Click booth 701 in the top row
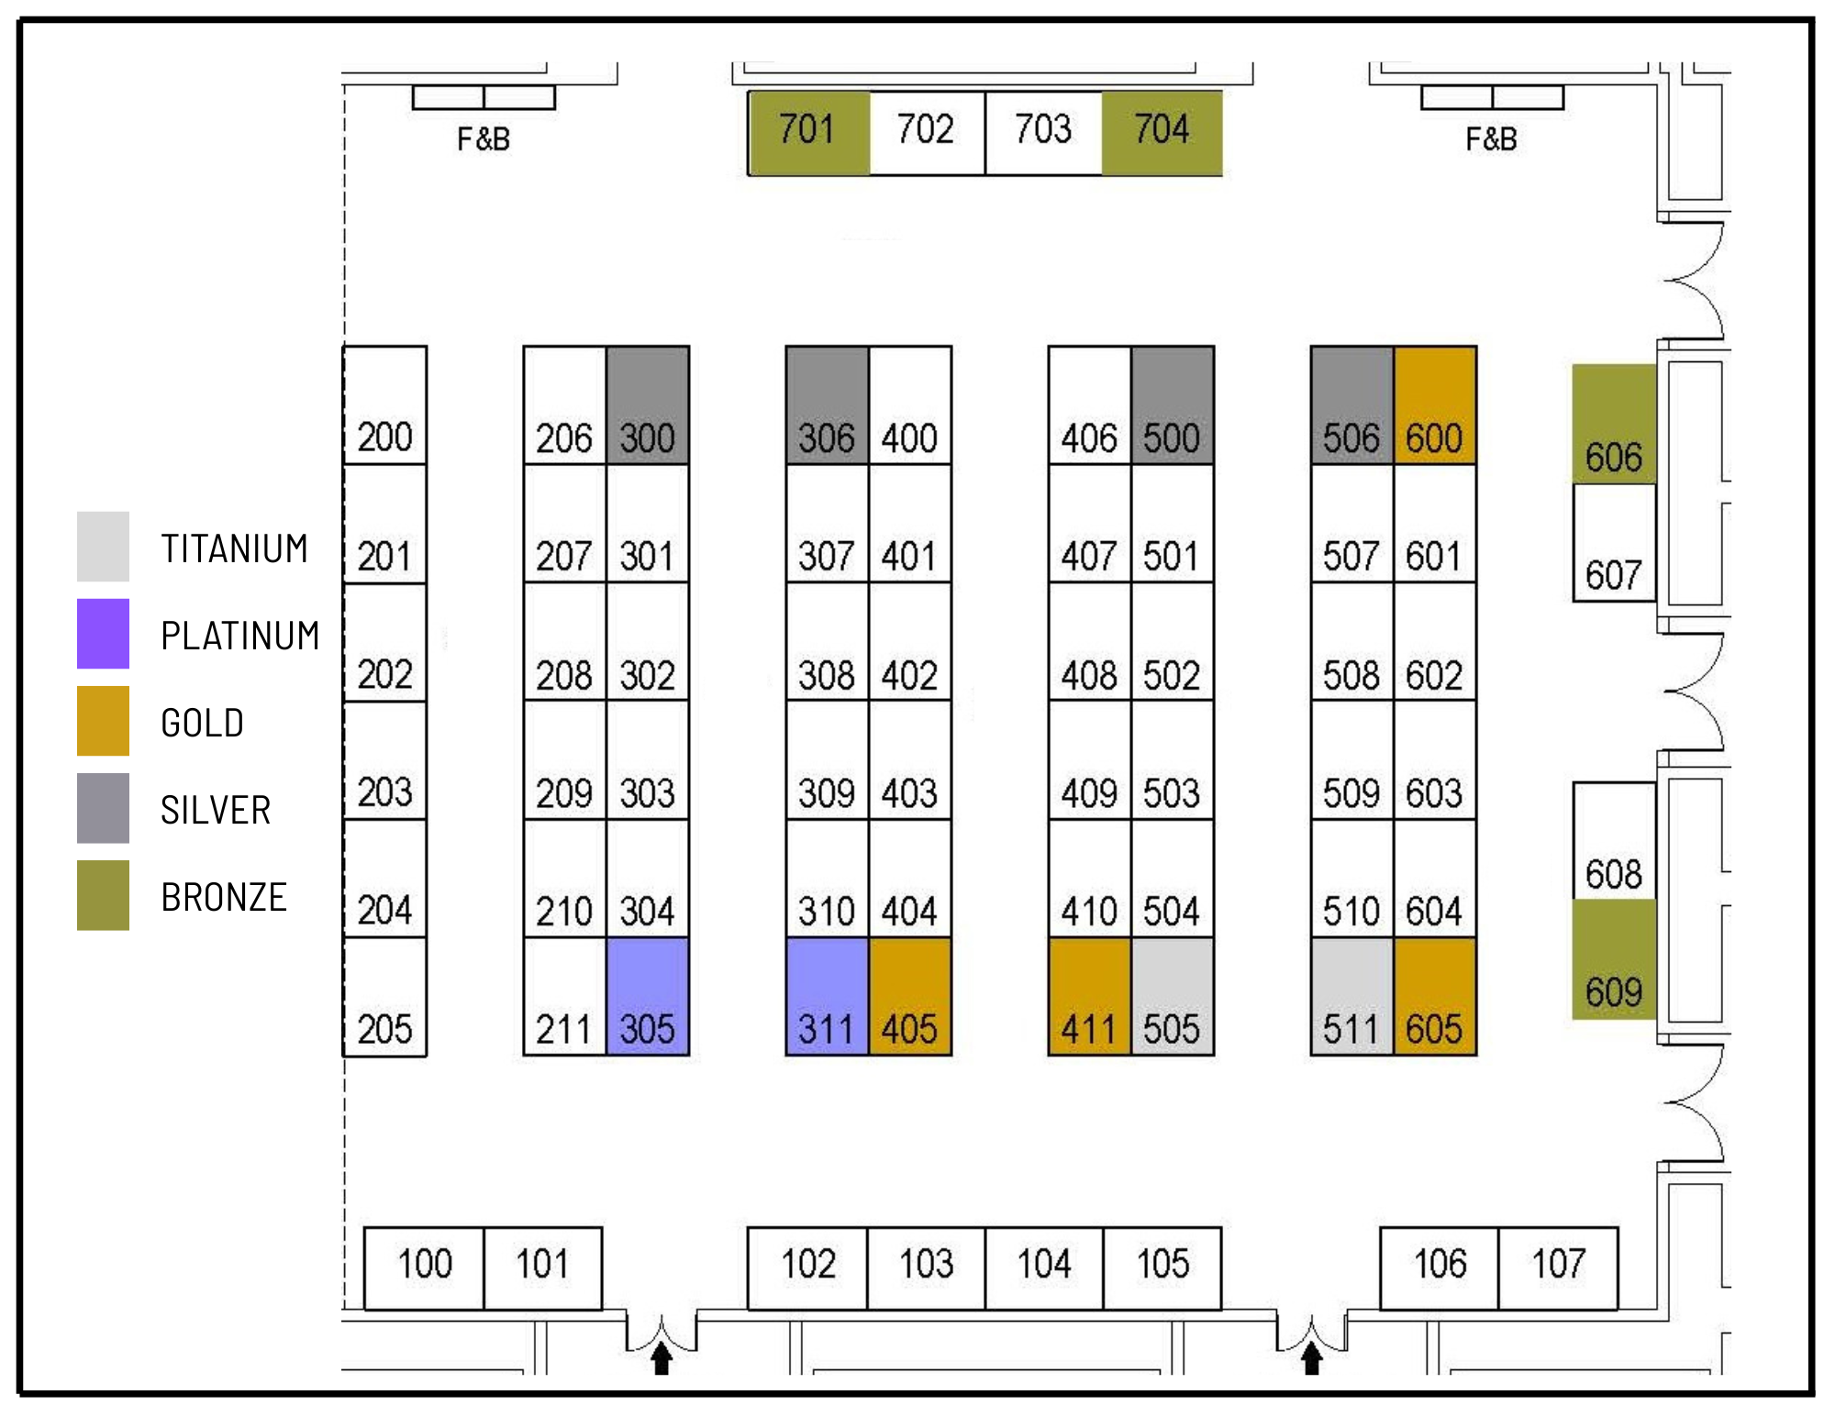[808, 132]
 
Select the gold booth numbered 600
[1435, 405]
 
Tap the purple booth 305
[648, 996]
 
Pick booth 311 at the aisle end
[827, 996]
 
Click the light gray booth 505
[1172, 996]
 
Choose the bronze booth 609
[1614, 959]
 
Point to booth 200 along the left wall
[385, 405]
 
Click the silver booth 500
[1172, 405]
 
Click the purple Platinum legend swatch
[103, 634]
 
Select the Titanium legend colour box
[103, 547]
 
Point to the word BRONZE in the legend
[224, 897]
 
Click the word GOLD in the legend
[202, 723]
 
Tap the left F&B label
[484, 139]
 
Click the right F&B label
[1491, 139]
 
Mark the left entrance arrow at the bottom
[661, 1357]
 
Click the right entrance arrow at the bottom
[1311, 1357]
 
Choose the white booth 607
[1614, 543]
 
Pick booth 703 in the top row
[1043, 132]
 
